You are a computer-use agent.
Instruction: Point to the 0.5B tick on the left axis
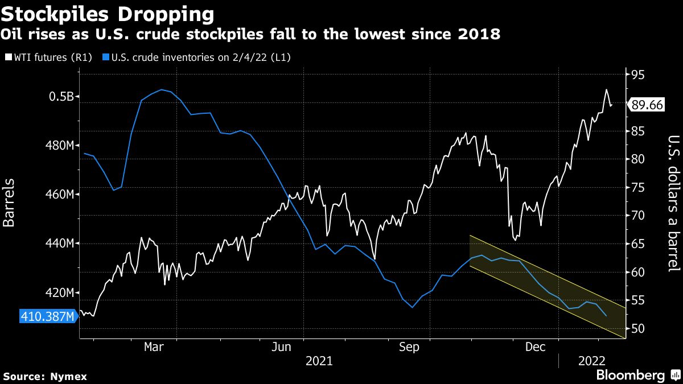click(61, 96)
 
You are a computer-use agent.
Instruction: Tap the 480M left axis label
click(59, 146)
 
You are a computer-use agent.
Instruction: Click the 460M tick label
click(59, 195)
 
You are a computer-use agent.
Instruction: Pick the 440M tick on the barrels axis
click(59, 243)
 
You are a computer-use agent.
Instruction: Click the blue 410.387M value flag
click(47, 316)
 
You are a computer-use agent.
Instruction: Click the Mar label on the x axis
click(153, 346)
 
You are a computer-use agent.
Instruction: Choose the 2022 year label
click(592, 361)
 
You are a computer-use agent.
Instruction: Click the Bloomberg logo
click(629, 375)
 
